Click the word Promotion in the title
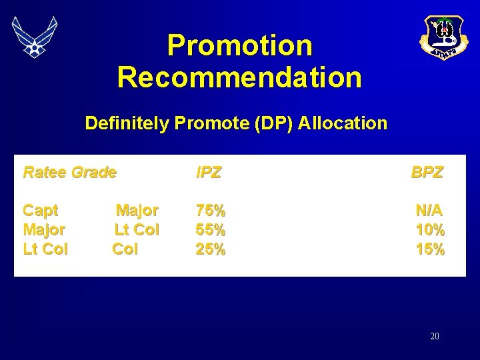(x=239, y=45)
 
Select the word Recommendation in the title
(x=239, y=77)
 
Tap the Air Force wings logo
(x=35, y=36)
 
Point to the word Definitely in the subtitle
(x=127, y=123)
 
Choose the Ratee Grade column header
(x=69, y=173)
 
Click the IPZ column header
(x=209, y=173)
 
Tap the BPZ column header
(x=427, y=173)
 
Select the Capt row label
(x=41, y=211)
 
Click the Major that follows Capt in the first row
(x=137, y=211)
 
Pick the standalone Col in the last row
(x=125, y=249)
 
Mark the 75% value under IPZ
(x=211, y=211)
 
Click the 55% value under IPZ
(x=211, y=230)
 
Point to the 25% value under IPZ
(x=211, y=249)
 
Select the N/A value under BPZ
(x=429, y=211)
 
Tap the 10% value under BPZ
(x=430, y=230)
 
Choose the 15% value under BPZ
(x=430, y=249)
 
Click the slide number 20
(x=435, y=337)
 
